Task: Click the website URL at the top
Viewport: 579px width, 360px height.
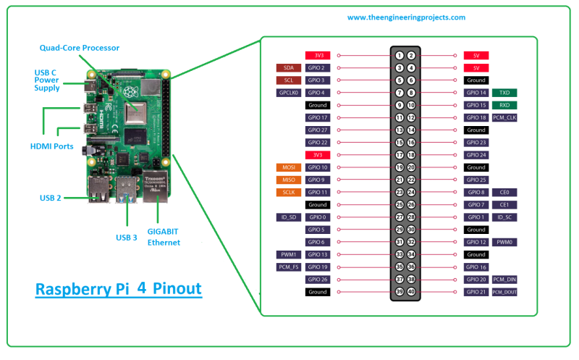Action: point(406,17)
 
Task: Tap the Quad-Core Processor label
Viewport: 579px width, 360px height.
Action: point(80,48)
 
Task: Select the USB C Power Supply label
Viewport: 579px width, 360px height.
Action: point(47,80)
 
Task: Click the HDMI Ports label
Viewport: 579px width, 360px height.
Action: point(51,146)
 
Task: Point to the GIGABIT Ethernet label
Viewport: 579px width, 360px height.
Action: point(164,237)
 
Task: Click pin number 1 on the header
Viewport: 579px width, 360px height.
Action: point(400,55)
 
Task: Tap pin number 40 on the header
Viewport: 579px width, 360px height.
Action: point(411,292)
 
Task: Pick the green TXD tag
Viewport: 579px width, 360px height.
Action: point(504,93)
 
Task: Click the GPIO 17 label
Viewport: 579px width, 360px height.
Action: point(318,117)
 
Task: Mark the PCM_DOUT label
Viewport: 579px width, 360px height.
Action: point(504,292)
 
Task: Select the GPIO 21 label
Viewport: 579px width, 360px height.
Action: point(476,292)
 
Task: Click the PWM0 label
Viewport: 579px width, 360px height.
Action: point(504,242)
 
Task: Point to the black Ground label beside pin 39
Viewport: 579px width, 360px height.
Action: point(318,292)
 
